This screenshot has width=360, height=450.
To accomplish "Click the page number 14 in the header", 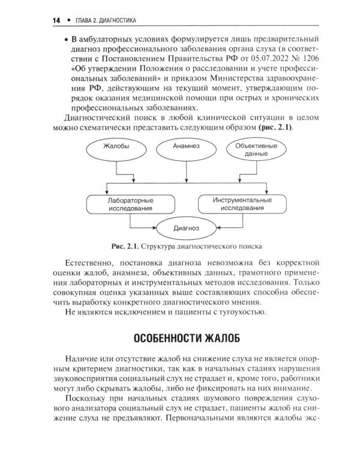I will tap(56, 20).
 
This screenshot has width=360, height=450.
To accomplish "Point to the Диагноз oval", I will tap(186, 229).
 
